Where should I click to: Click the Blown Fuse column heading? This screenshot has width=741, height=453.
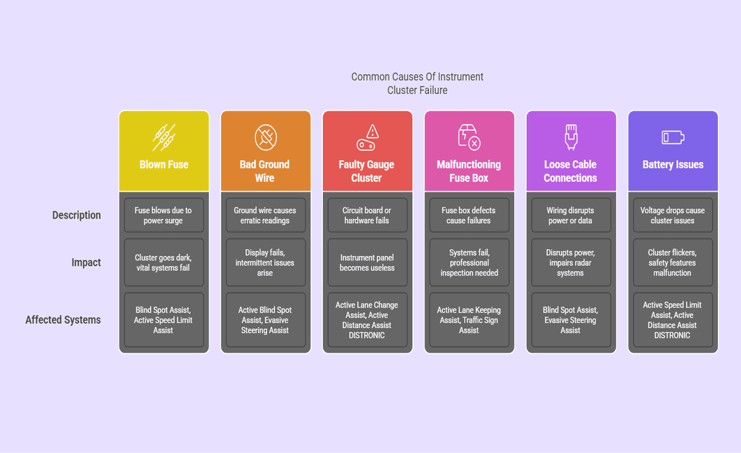coord(163,165)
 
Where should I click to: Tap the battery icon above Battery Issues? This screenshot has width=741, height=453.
coord(673,138)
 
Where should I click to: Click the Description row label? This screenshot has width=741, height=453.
coord(77,215)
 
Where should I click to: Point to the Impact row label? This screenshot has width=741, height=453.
coord(86,263)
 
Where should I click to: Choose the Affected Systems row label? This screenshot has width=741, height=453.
coord(63,320)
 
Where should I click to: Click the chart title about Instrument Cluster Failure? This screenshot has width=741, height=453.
coord(417,83)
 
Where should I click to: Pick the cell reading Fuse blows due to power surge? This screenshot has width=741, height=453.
coord(163,215)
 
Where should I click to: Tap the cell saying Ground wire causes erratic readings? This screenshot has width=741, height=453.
coord(265,215)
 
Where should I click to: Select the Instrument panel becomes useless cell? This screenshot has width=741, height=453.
coord(367,263)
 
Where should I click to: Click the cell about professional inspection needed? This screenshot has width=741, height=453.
coord(470,263)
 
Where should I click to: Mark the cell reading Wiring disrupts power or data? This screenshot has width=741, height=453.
coord(571,215)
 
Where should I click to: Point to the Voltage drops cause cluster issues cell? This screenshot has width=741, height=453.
coord(673,215)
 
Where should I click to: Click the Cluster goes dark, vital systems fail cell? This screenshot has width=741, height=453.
coord(163,263)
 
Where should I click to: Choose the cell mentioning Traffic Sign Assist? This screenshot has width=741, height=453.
coord(470,320)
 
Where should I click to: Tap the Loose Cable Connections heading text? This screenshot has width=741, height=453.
coord(571,171)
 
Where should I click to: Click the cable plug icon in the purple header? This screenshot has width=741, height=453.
coord(571,137)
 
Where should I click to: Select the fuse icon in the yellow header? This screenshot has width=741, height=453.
coord(164,137)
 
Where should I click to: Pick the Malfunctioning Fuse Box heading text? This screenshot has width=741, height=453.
coord(469,171)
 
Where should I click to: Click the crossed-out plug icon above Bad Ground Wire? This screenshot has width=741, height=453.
coord(266,138)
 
